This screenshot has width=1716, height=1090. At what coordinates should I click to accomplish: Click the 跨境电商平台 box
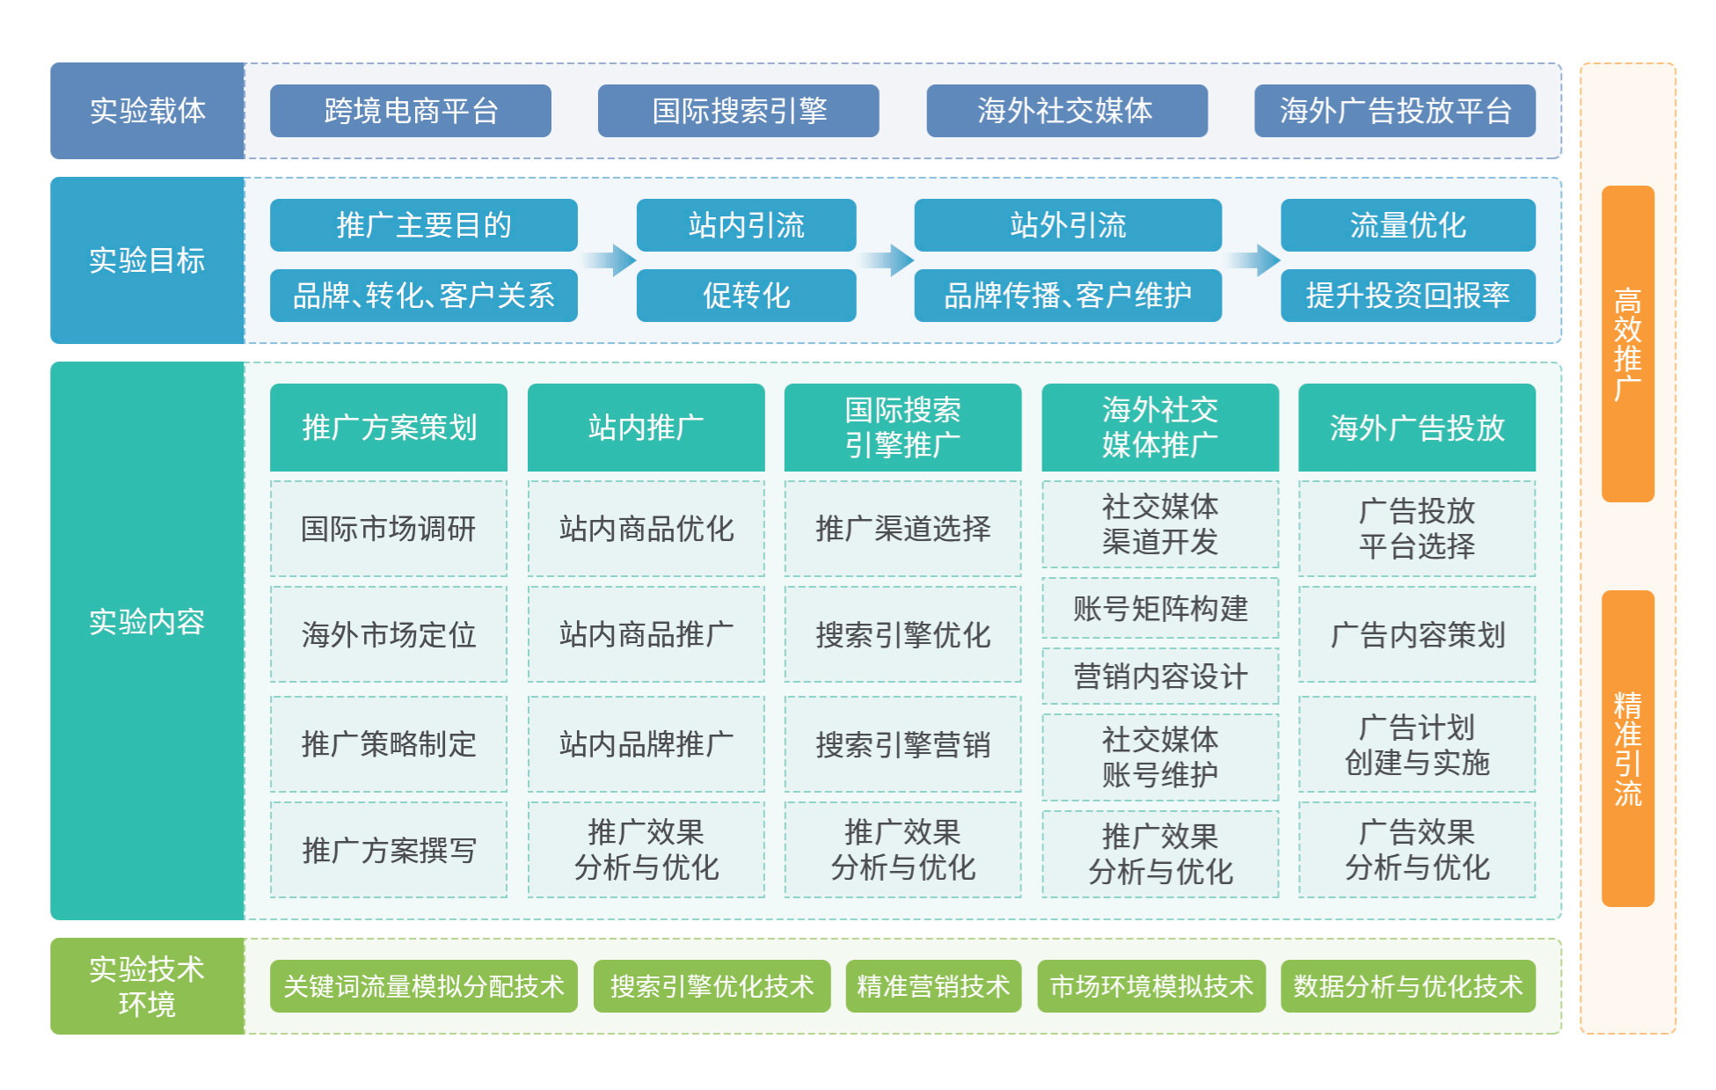pos(410,111)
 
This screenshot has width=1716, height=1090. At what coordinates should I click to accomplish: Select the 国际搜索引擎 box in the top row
pos(738,111)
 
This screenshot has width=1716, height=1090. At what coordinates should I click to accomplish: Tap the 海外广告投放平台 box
pos(1395,111)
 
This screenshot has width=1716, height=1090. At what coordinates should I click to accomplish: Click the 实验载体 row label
pos(147,111)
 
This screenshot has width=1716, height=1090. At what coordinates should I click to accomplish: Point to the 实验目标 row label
pos(147,260)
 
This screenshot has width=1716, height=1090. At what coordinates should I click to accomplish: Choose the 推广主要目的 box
pos(423,225)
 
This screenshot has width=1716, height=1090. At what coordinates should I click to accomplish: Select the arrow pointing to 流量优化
pos(1253,260)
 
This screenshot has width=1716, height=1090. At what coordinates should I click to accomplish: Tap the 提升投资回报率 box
pos(1408,296)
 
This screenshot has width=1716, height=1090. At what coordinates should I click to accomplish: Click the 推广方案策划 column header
pos(389,428)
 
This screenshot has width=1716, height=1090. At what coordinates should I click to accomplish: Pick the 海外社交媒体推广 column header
pos(1160,428)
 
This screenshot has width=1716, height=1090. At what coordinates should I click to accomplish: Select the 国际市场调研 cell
pos(389,529)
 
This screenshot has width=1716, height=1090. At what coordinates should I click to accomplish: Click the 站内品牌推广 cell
pos(646,744)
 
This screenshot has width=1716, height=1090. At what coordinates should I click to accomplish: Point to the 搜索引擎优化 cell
pos(903,634)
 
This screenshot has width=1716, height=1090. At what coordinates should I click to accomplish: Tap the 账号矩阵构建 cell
pos(1160,608)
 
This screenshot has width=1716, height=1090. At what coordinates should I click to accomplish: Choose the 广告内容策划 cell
pos(1417,634)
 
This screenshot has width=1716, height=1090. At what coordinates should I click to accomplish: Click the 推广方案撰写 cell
pos(389,850)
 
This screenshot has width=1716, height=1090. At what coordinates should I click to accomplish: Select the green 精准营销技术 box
pos(933,986)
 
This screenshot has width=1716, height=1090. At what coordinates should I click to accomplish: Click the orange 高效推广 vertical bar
pos(1628,344)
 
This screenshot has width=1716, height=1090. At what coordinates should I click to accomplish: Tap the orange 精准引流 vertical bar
pos(1628,749)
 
